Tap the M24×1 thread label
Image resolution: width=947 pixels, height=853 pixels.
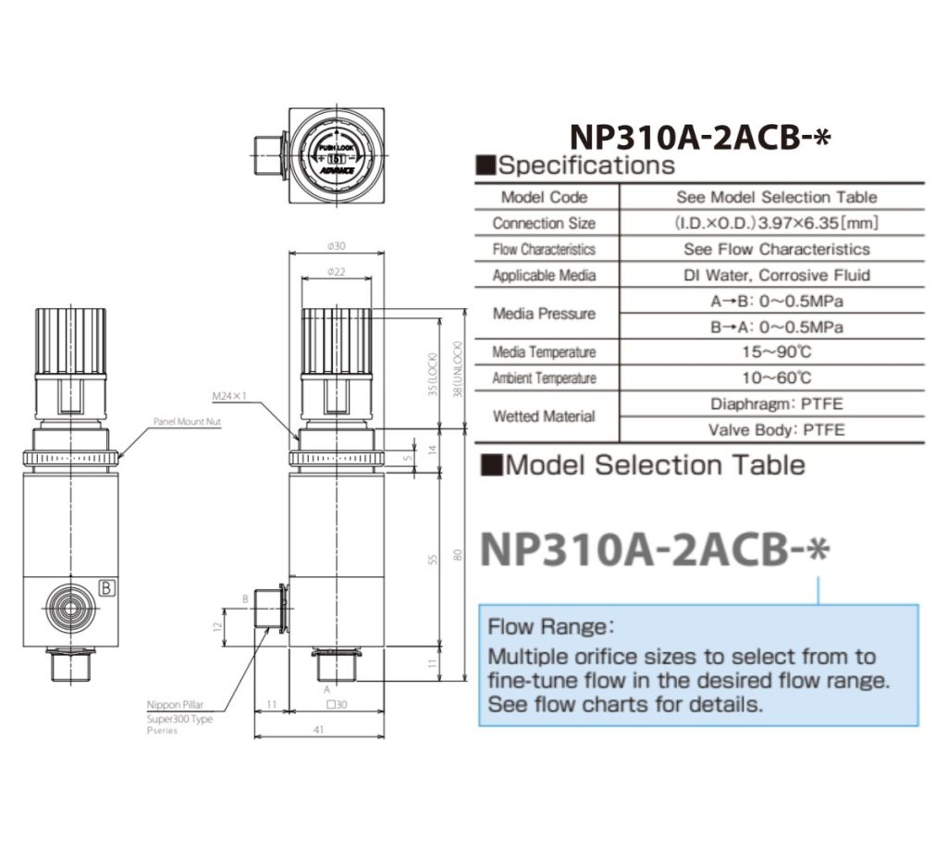230,397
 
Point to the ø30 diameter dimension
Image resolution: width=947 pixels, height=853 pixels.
336,246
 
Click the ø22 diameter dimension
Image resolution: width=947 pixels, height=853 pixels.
336,271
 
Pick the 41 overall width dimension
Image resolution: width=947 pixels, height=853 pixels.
318,729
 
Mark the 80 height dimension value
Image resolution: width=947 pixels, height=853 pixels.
455,555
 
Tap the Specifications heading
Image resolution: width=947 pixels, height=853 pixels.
585,166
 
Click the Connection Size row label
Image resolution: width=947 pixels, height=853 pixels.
544,223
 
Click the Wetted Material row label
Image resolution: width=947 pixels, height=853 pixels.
544,416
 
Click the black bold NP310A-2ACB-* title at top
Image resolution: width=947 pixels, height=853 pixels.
701,136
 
